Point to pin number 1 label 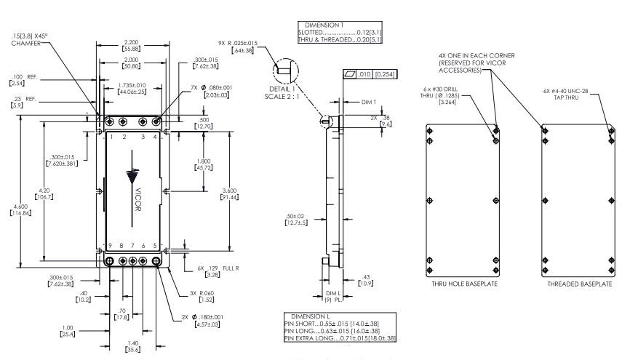[111, 137]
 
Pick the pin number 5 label [156, 246]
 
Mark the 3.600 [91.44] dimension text [228, 193]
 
